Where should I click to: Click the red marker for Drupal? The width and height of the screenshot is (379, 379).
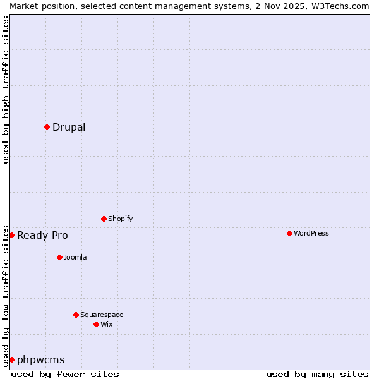pyautogui.click(x=47, y=127)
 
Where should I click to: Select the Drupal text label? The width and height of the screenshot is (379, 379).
pyautogui.click(x=69, y=127)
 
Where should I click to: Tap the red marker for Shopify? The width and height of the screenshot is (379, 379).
pyautogui.click(x=104, y=219)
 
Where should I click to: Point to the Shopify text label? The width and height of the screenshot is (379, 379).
pyautogui.click(x=120, y=219)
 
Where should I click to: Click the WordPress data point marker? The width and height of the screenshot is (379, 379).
pyautogui.click(x=290, y=233)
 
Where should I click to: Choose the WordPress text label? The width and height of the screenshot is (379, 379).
pyautogui.click(x=311, y=233)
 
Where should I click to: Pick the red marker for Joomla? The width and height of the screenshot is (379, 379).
pyautogui.click(x=60, y=257)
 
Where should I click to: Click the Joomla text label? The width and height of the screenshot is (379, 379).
pyautogui.click(x=75, y=257)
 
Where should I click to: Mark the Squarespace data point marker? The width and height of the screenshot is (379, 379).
pyautogui.click(x=76, y=315)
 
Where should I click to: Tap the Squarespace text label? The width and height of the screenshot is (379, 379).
pyautogui.click(x=102, y=315)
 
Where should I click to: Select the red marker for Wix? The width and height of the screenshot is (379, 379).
pyautogui.click(x=97, y=324)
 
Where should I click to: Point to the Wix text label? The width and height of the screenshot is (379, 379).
pyautogui.click(x=107, y=324)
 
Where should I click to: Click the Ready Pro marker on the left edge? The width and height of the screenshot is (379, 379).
pyautogui.click(x=11, y=235)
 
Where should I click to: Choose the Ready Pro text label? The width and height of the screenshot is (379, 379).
pyautogui.click(x=42, y=235)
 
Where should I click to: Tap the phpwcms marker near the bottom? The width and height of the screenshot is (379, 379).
pyautogui.click(x=11, y=359)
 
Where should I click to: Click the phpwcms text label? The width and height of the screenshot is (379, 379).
pyautogui.click(x=41, y=359)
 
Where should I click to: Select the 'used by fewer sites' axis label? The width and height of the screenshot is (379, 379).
pyautogui.click(x=65, y=374)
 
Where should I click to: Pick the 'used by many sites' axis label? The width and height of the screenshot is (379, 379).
pyautogui.click(x=317, y=374)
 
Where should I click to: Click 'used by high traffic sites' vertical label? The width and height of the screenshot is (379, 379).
pyautogui.click(x=6, y=90)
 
